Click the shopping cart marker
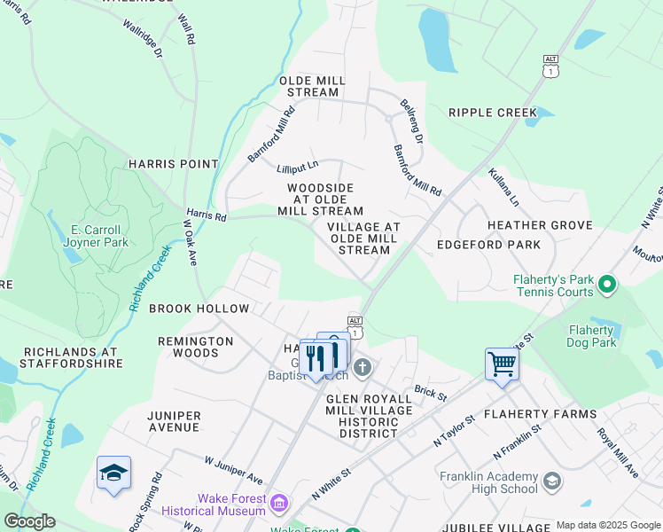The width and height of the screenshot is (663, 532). (502, 364)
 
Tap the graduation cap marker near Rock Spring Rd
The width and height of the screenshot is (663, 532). (113, 473)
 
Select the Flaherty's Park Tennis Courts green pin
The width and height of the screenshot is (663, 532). (607, 286)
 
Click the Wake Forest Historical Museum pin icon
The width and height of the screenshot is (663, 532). (279, 504)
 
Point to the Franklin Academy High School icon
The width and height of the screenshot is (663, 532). (551, 481)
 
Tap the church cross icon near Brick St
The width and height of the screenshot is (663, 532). (362, 367)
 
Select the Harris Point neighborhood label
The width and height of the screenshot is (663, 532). (173, 164)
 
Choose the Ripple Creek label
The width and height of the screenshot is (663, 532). (493, 113)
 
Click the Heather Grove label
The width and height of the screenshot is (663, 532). (539, 226)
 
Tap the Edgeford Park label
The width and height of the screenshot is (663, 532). (488, 245)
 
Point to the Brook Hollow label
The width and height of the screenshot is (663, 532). (199, 309)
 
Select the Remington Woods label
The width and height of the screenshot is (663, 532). (195, 347)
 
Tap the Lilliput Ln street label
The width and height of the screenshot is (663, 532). (296, 168)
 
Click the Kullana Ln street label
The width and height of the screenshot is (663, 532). (503, 186)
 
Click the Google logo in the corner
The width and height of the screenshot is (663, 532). (29, 521)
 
